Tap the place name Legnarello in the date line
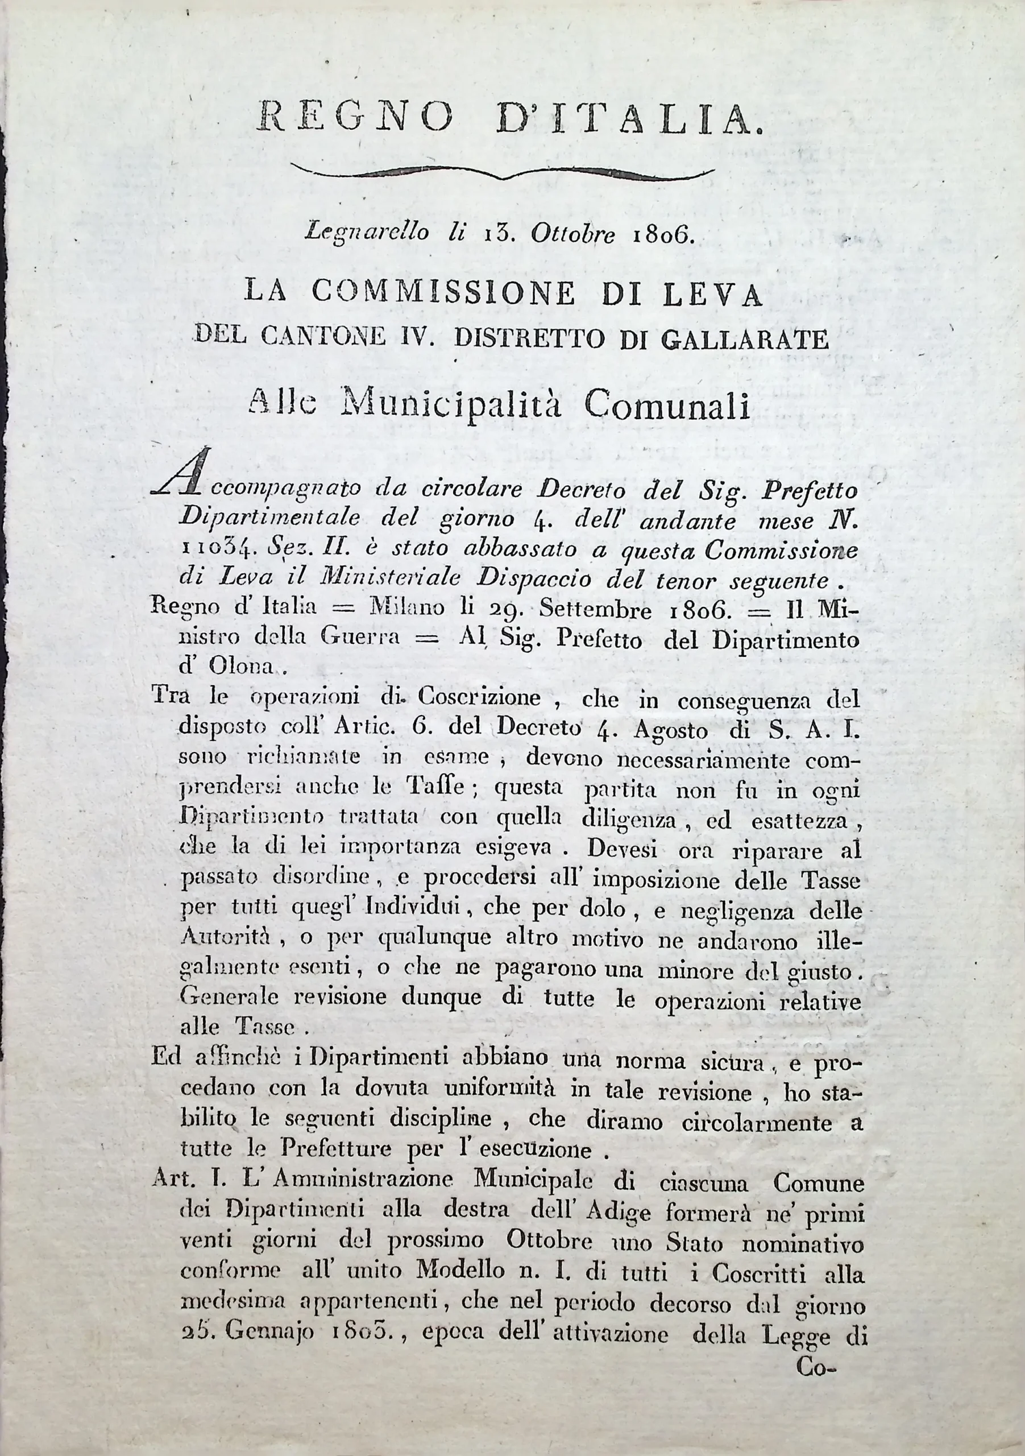[x=366, y=233]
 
